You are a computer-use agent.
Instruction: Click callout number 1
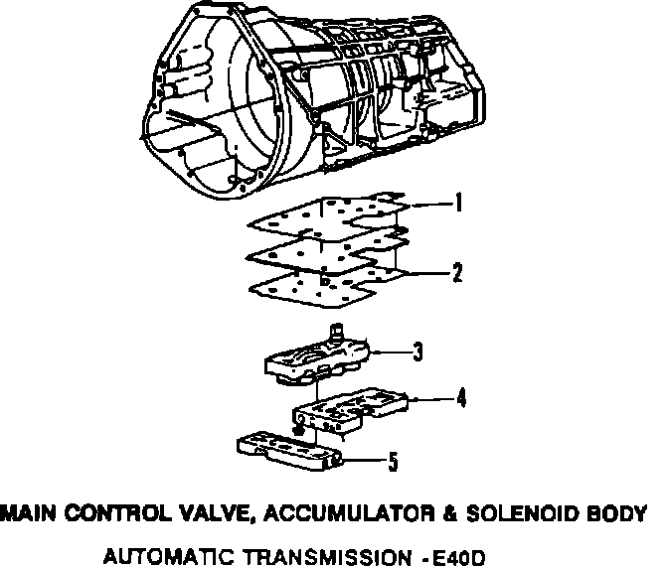pyautogui.click(x=458, y=206)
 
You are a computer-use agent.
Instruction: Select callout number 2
pyautogui.click(x=457, y=272)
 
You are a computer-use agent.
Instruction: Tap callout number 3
pyautogui.click(x=418, y=351)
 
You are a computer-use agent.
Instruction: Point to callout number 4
pyautogui.click(x=461, y=399)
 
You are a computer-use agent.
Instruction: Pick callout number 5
pyautogui.click(x=394, y=461)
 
